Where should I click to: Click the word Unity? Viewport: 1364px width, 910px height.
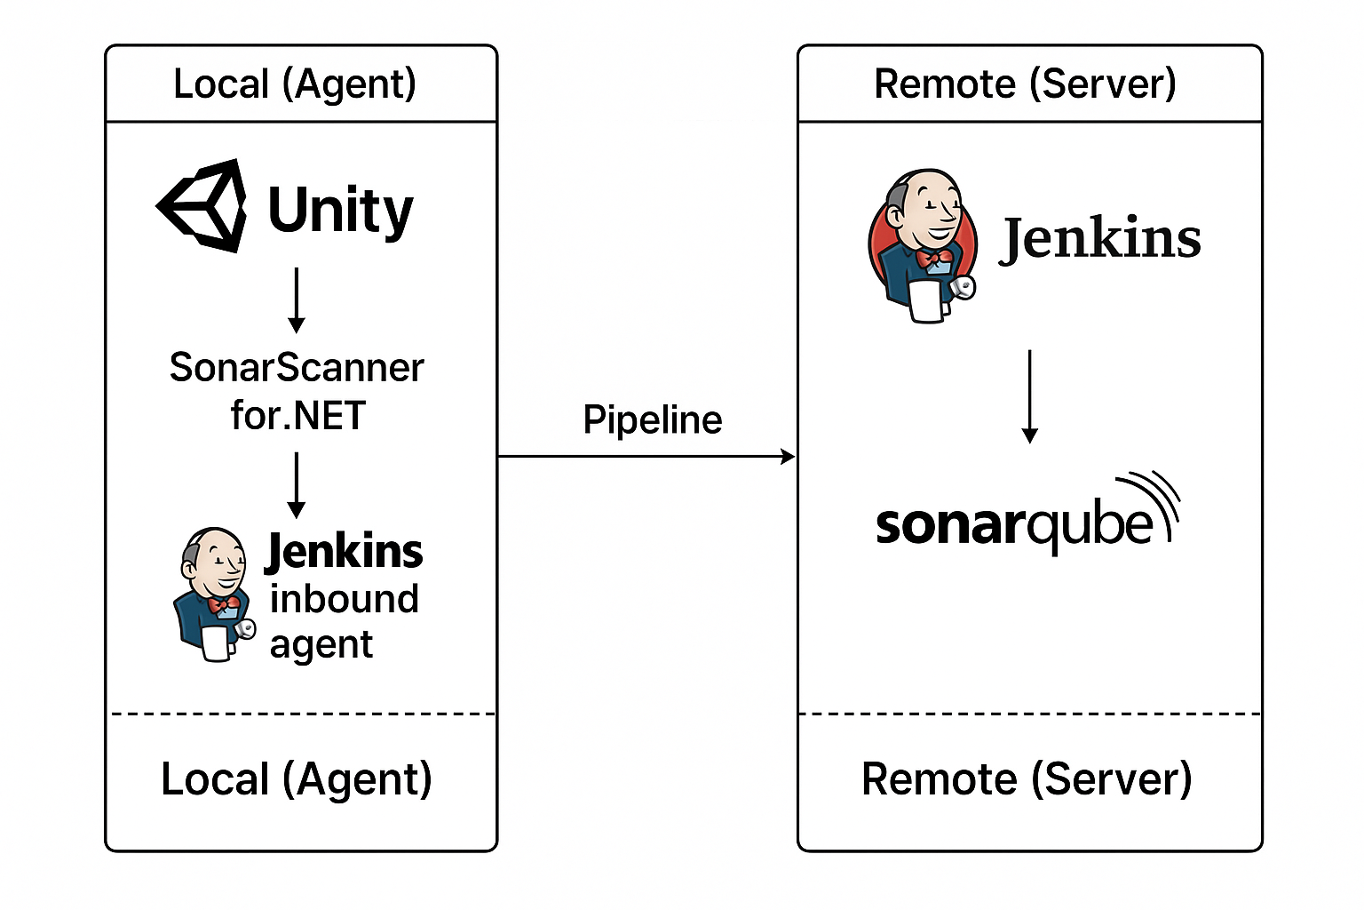coord(340,211)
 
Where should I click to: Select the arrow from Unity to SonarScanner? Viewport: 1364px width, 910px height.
coord(297,300)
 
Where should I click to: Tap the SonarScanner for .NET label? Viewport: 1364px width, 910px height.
coord(297,391)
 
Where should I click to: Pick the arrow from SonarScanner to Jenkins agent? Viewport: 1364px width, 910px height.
coord(297,485)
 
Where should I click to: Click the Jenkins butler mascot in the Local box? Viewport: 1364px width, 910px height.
coord(213,594)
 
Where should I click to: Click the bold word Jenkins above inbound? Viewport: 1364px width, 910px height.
coord(345,551)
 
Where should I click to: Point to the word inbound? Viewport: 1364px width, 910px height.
coord(344,599)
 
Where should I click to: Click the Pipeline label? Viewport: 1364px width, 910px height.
coord(652,419)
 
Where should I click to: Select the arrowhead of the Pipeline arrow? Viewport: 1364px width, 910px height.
coord(788,457)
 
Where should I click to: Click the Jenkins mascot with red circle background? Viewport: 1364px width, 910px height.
coord(923,245)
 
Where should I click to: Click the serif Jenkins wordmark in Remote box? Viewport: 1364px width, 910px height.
coord(1101,239)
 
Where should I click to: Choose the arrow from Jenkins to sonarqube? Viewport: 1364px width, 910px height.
coord(1029,396)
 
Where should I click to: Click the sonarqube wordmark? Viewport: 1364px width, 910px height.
coord(1012,525)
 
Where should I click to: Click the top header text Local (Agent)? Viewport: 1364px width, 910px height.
coord(295,84)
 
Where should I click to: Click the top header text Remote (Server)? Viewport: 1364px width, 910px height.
coord(1025,84)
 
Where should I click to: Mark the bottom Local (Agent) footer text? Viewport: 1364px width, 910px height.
coord(296,779)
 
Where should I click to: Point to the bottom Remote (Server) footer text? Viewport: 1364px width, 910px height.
coord(1026,779)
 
